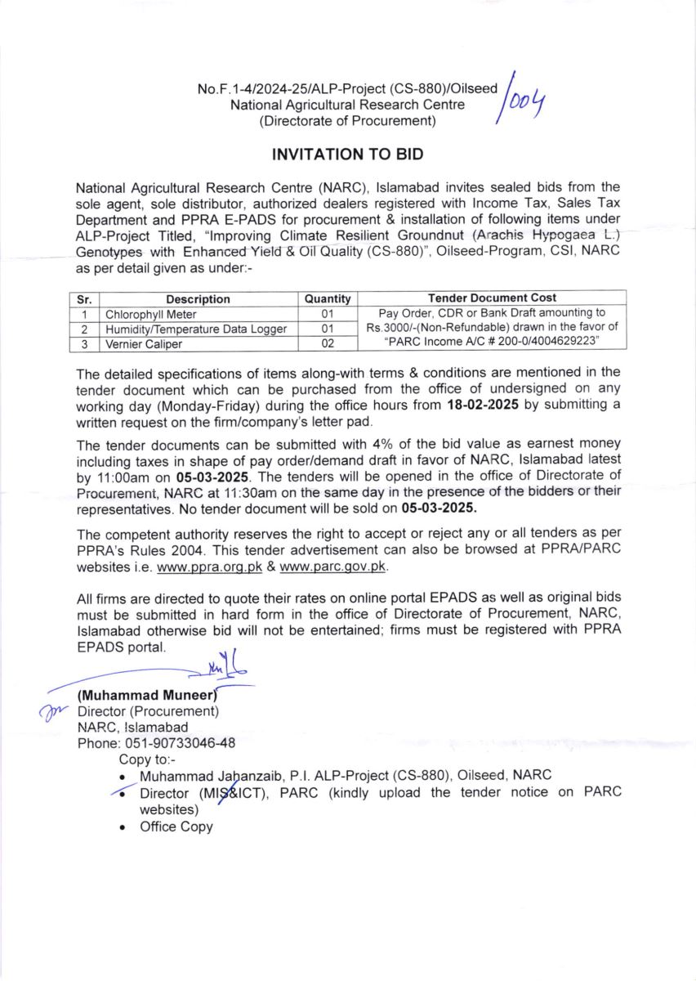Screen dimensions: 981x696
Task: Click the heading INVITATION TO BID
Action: (x=348, y=154)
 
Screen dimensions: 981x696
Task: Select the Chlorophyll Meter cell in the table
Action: (x=149, y=313)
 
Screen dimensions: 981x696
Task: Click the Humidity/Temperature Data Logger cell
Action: (x=196, y=329)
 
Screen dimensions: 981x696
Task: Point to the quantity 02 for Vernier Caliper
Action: (x=328, y=344)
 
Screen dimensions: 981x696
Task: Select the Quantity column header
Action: (x=328, y=299)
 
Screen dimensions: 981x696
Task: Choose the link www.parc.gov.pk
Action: (x=333, y=566)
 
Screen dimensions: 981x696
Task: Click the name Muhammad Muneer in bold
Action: (x=145, y=696)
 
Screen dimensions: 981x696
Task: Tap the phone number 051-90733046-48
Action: (x=180, y=743)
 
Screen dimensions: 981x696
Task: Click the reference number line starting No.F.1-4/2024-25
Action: (x=347, y=87)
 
